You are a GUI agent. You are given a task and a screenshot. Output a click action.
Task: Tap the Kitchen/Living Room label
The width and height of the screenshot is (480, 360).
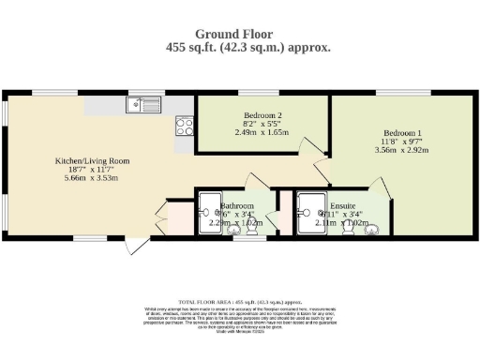click(91, 161)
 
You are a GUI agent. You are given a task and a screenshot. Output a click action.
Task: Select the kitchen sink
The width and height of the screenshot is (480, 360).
click(145, 104)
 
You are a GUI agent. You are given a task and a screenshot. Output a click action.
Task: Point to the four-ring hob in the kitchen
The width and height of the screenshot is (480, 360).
click(184, 125)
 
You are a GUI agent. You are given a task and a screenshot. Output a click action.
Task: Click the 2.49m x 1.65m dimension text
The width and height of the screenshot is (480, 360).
click(250, 132)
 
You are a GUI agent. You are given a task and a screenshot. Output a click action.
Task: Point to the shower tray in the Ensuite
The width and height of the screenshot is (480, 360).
click(308, 213)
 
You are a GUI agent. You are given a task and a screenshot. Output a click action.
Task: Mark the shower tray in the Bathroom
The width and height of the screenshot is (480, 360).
click(208, 213)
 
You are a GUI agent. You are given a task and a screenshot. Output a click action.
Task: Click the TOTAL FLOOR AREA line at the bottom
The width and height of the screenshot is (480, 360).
click(241, 302)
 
